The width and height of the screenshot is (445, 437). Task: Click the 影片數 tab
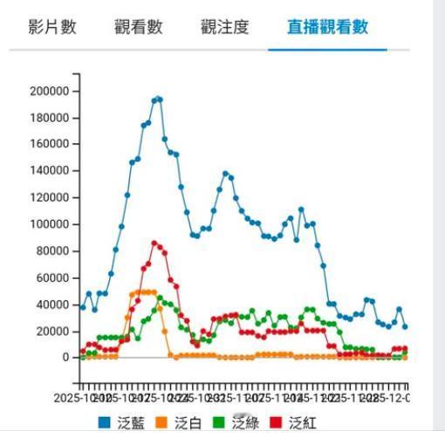point(52,27)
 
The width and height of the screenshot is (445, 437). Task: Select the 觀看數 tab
point(138,27)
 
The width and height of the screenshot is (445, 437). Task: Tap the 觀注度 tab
point(224,27)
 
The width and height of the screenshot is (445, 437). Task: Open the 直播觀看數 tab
point(327,27)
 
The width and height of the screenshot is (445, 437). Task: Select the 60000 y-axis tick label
point(51,277)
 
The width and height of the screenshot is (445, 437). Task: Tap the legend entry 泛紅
point(303,423)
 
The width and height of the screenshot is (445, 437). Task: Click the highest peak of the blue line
point(158,99)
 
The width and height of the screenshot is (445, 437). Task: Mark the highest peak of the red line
point(154,243)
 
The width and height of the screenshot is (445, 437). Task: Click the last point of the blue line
point(405,327)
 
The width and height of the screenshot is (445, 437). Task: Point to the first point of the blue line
point(83,307)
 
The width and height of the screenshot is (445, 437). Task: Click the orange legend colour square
point(162,423)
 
